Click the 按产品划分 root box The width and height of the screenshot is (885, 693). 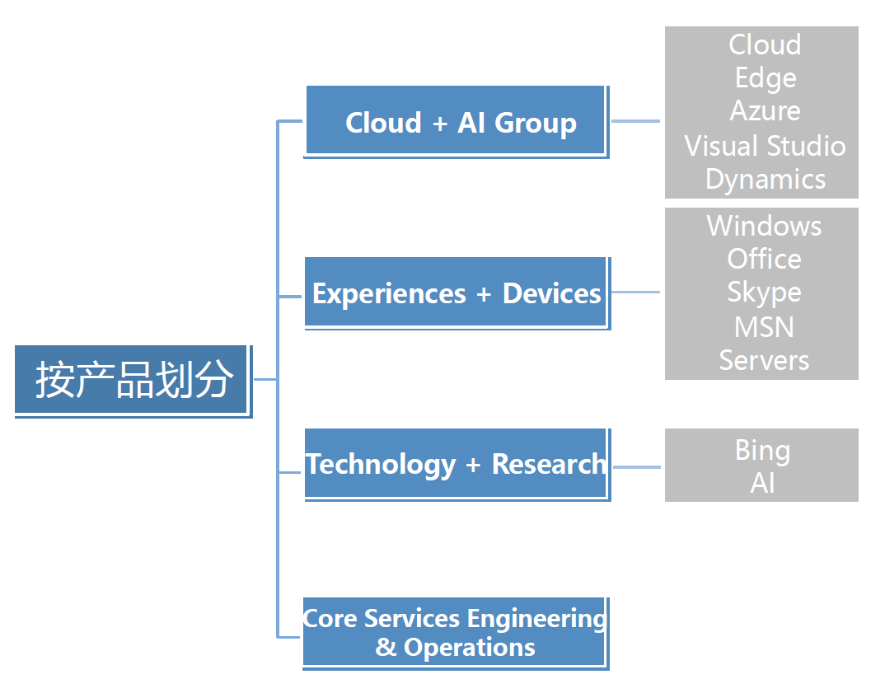[x=133, y=381]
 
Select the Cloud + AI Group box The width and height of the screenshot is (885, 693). [x=456, y=122]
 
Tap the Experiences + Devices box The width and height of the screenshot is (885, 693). [x=457, y=293]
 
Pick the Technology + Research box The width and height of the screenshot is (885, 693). [x=457, y=465]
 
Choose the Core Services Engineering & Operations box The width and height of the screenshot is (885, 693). [x=456, y=633]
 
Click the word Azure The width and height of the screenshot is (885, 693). [x=765, y=110]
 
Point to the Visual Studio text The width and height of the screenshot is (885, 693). [x=765, y=146]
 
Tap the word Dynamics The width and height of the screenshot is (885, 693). [x=765, y=180]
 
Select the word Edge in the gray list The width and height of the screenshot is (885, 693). [x=765, y=78]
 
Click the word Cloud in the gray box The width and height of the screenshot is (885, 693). [x=765, y=44]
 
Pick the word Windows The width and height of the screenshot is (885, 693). [x=764, y=226]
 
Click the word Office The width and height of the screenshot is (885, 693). [x=764, y=259]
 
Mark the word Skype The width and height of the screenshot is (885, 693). [x=764, y=293]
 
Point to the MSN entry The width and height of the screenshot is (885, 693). [x=764, y=327]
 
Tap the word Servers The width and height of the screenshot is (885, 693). [x=764, y=360]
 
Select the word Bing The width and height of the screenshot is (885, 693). [x=762, y=451]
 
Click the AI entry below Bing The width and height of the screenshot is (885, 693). [x=762, y=483]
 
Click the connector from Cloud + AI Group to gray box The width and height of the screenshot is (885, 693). [x=635, y=121]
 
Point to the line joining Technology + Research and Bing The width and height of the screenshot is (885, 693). [x=637, y=467]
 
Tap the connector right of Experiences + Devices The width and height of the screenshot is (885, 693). [x=635, y=293]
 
